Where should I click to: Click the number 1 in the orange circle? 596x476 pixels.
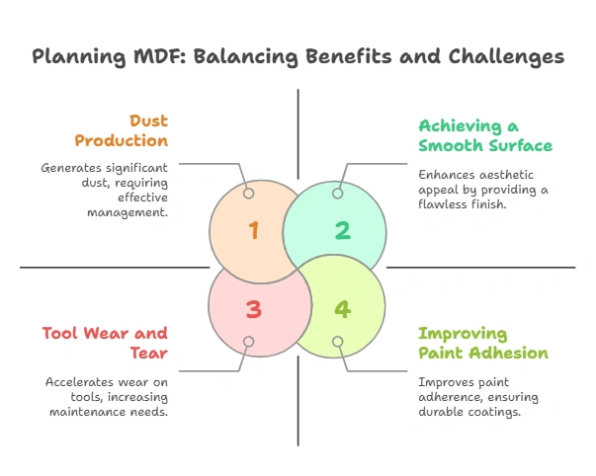253,231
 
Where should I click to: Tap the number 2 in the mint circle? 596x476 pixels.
342,231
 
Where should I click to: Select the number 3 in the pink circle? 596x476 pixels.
253,309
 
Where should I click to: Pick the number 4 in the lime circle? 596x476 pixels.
342,309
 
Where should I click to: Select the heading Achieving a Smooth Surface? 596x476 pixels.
484,135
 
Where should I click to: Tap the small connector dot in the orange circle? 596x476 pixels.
249,194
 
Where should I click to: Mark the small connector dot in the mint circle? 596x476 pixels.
337,194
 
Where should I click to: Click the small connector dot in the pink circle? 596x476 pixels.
249,342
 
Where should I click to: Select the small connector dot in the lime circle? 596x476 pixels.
337,342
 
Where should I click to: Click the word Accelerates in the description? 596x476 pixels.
78,380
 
